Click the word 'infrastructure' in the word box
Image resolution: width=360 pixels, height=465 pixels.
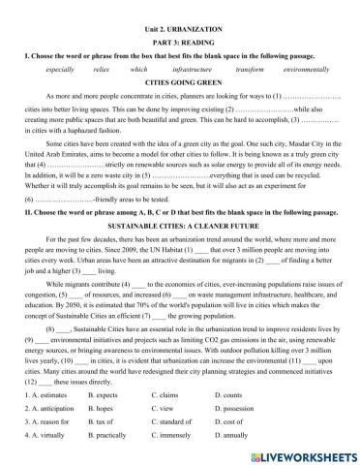pos(190,70)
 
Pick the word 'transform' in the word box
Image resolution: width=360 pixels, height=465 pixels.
pos(249,70)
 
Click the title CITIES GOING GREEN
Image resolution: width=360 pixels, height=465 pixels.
pos(179,83)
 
